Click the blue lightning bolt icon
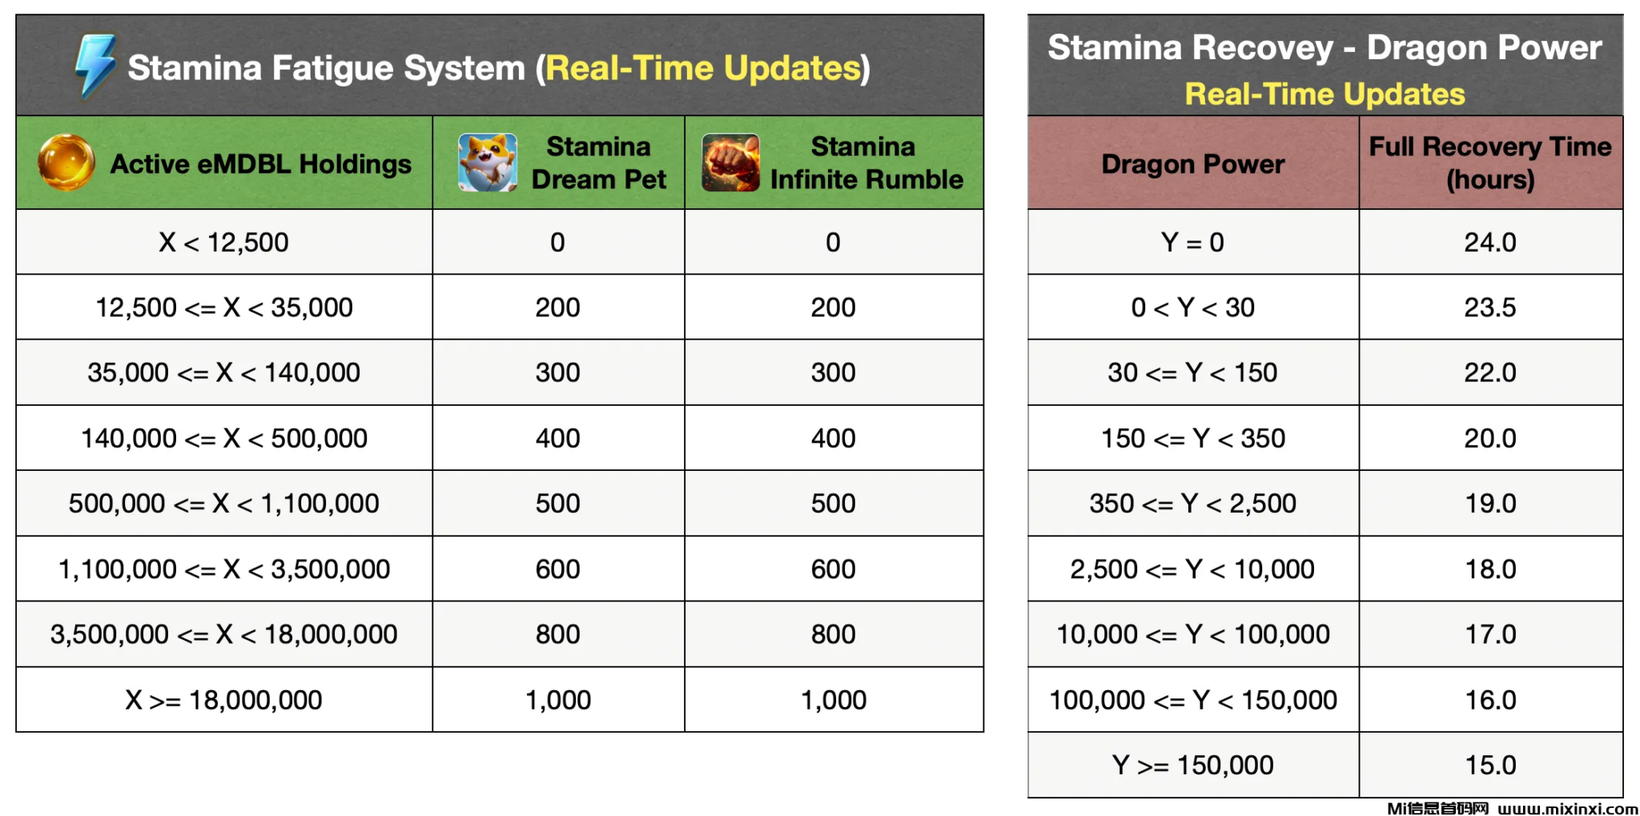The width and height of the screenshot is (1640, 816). point(95,66)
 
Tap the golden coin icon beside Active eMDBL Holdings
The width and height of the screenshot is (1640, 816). point(66,163)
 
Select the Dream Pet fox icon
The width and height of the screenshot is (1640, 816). point(487,163)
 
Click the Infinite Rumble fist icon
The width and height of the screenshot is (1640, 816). point(730,163)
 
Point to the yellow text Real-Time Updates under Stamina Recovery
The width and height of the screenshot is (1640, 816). point(1324,94)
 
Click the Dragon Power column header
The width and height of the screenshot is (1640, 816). point(1192,164)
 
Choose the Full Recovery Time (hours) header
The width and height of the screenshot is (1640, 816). point(1490,163)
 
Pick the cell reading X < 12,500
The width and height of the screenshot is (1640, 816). point(223,242)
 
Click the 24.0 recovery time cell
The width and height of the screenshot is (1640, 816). point(1490,242)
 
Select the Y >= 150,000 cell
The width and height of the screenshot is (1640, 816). point(1192,766)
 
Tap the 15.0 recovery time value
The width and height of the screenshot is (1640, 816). point(1490,766)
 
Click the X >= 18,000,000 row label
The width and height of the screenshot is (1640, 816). point(223,700)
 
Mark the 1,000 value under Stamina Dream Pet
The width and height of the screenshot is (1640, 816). point(558,700)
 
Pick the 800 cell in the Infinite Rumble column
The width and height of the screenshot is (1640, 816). point(834,634)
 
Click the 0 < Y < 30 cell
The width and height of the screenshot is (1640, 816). point(1192,308)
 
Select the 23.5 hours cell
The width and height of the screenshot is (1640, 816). point(1490,308)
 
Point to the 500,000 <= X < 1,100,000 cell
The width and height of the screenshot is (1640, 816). point(223,504)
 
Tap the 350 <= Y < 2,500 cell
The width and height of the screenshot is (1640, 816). point(1192,504)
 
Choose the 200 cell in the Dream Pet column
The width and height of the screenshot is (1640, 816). point(558,308)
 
